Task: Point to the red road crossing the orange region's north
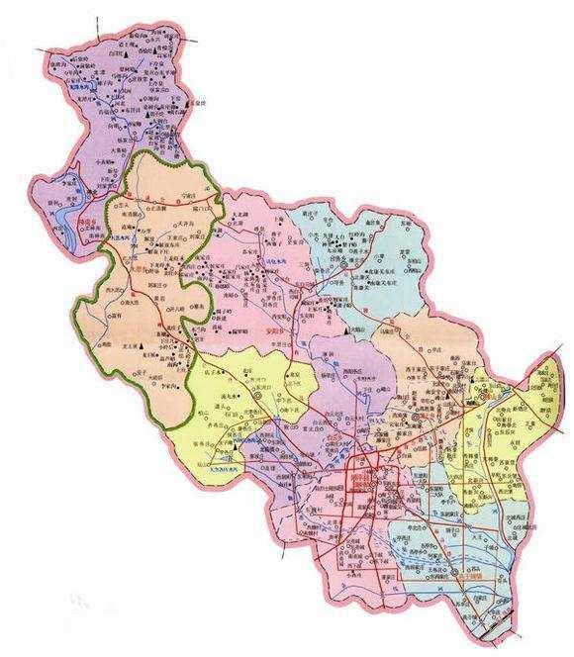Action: [x=168, y=208]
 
